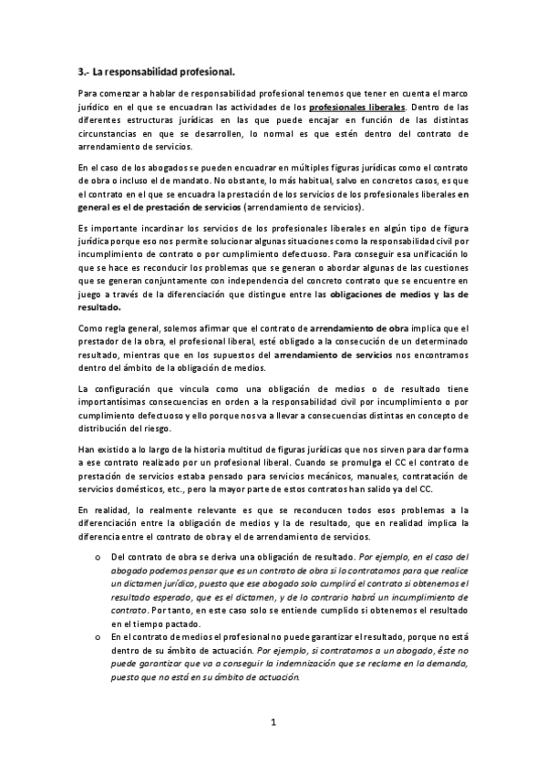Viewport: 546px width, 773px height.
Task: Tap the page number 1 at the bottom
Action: coord(273,722)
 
